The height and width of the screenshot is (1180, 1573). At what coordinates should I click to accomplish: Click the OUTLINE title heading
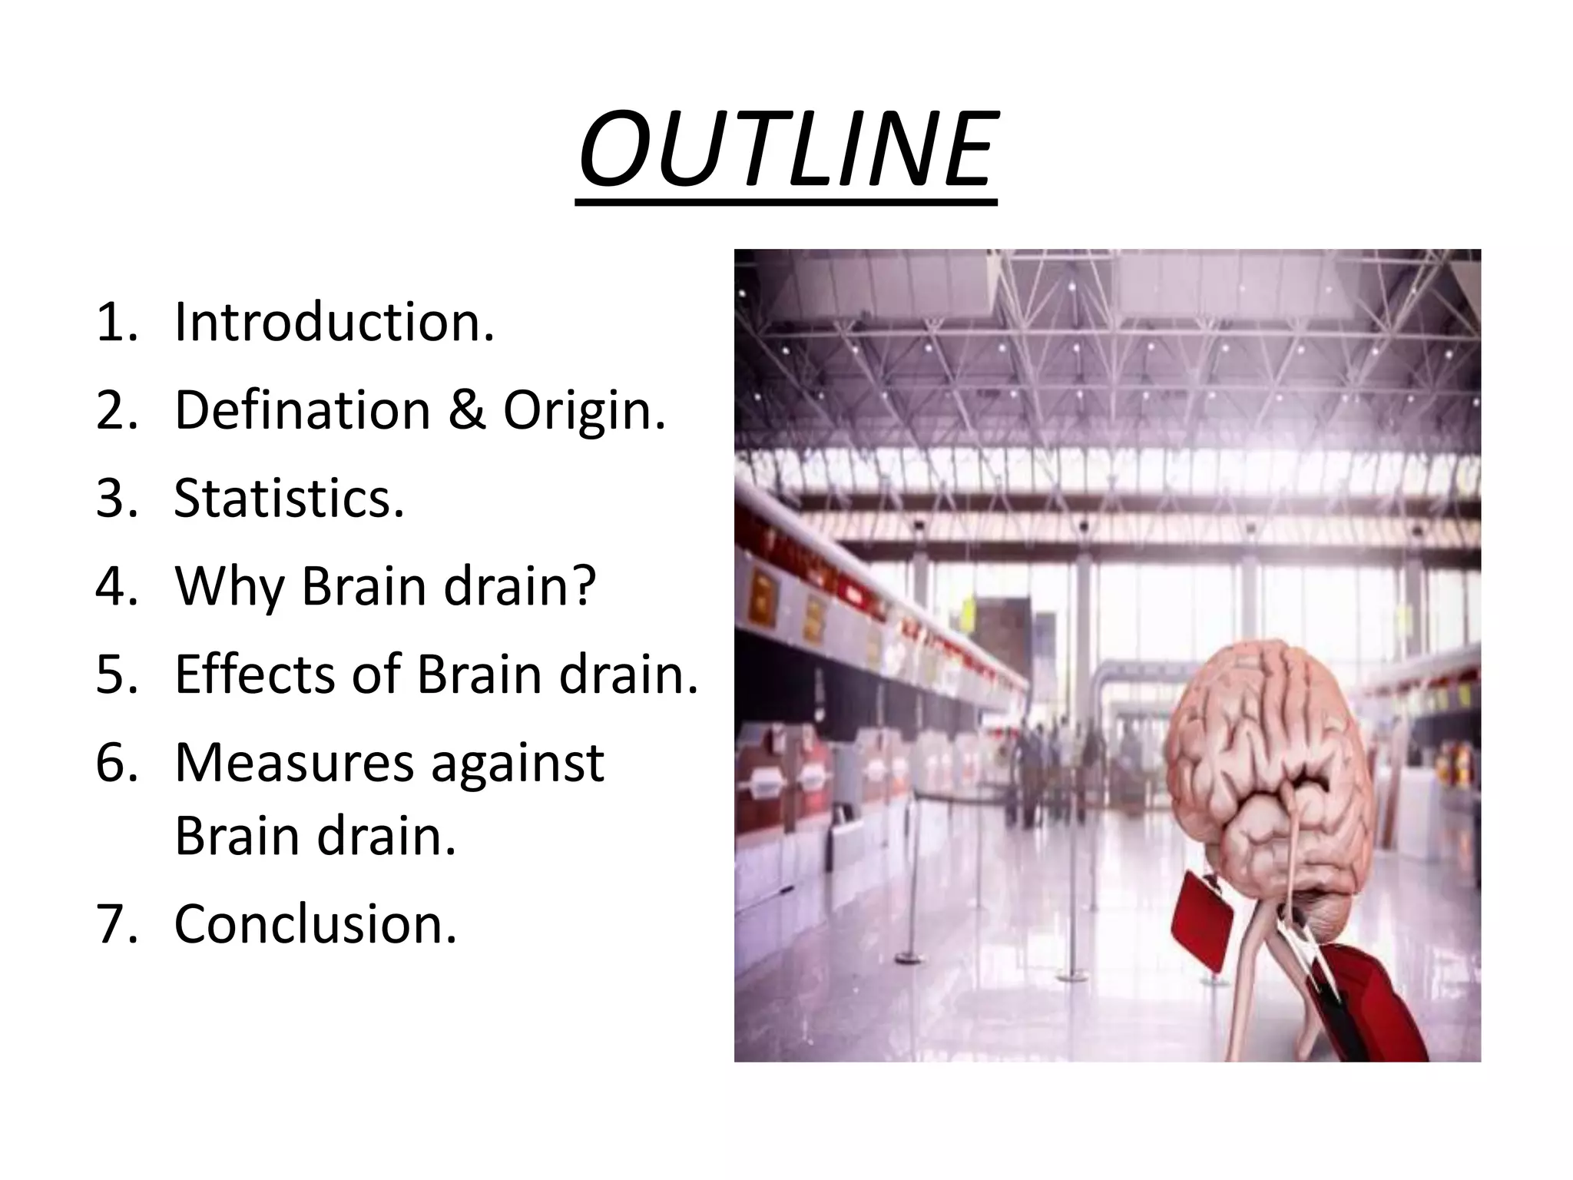[787, 150]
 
